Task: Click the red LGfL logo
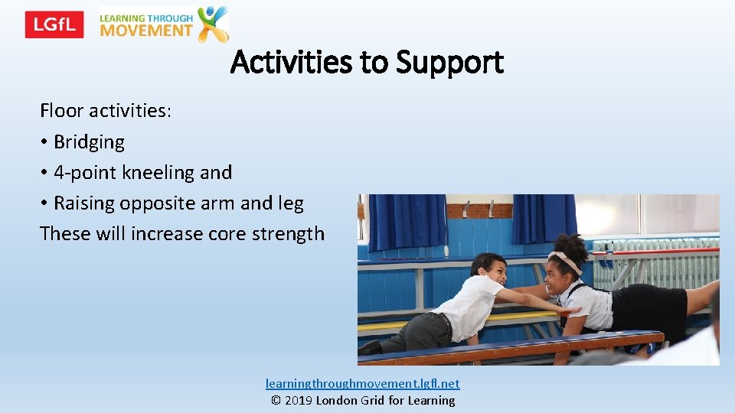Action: [54, 24]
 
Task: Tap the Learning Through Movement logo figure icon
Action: [213, 24]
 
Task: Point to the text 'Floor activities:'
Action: [106, 111]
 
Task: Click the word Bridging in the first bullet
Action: [89, 141]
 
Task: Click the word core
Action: [226, 233]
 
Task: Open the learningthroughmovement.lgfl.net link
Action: [362, 383]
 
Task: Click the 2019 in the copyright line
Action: [299, 400]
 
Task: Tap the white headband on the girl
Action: [566, 261]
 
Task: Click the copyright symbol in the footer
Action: [276, 400]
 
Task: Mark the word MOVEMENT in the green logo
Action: [146, 31]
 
